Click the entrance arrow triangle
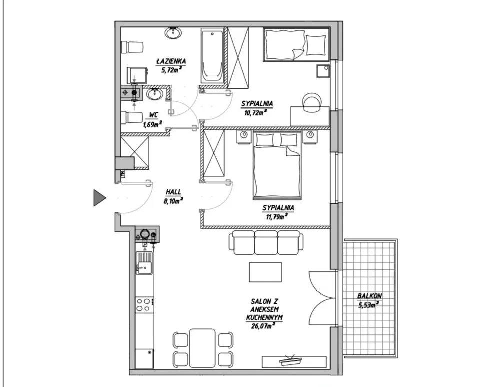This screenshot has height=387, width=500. point(98,198)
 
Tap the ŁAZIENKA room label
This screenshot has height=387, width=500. point(171,61)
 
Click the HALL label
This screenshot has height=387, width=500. point(173,192)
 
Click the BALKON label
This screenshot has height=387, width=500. point(369,296)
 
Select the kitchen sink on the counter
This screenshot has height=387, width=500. point(144,263)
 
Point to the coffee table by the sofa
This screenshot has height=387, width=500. point(265,272)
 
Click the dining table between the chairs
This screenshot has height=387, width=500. point(202,348)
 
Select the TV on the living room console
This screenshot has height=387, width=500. point(290,360)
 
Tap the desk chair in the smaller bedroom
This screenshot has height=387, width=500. point(312,102)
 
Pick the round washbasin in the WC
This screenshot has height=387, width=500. point(155,94)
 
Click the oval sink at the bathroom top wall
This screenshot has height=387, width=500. point(173,33)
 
